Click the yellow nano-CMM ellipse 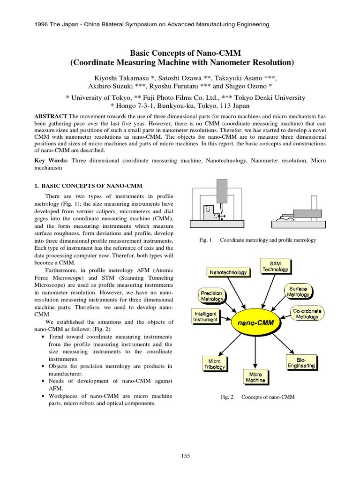[255, 323]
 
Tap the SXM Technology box [275, 266]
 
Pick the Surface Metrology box [298, 292]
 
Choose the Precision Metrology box [212, 295]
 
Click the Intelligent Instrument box [205, 316]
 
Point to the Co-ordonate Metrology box [307, 313]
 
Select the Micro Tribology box [214, 364]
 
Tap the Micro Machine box [255, 377]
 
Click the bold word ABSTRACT [51, 116]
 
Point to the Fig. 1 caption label [205, 240]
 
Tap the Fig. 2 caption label [227, 397]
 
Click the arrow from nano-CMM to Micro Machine [255, 352]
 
